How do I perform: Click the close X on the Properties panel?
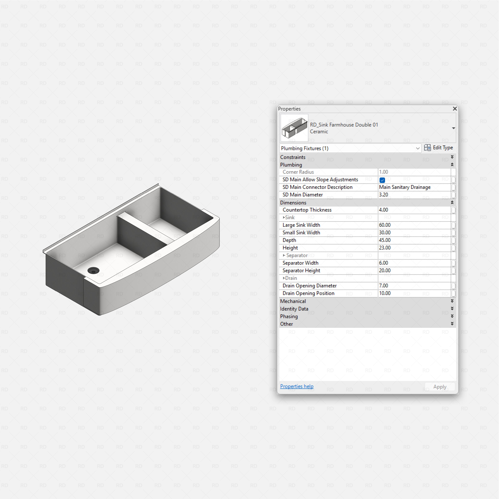point(455,109)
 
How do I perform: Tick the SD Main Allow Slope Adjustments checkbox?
point(382,180)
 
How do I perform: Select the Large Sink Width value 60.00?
point(385,225)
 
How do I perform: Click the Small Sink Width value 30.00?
point(385,233)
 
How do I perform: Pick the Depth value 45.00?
point(385,240)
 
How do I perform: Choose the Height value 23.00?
point(385,248)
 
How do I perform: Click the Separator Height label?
point(301,270)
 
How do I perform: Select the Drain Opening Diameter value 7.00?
point(384,286)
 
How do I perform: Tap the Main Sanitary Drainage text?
point(405,187)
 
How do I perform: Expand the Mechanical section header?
point(293,301)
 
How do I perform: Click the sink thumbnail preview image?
point(294,128)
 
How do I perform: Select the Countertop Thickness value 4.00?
point(384,210)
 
